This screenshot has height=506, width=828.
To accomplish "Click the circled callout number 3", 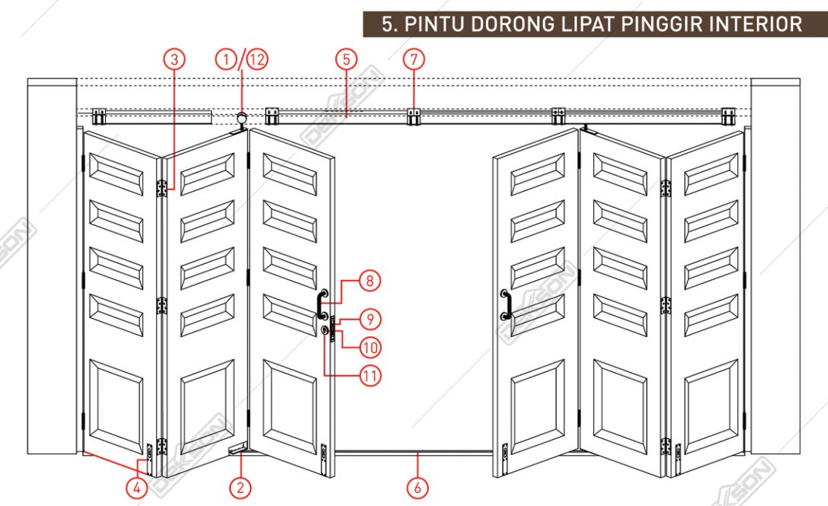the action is tap(174, 59).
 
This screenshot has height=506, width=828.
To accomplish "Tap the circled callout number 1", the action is tap(226, 59).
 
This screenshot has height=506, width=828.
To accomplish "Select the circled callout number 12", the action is tap(257, 59).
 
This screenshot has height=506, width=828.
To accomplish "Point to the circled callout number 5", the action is tap(347, 59).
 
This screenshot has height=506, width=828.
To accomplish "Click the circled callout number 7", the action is tap(414, 59).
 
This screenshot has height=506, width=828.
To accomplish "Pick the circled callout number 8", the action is tap(369, 281).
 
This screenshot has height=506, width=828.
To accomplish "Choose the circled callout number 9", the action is tap(370, 320).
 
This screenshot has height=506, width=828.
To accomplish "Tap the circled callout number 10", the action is tap(370, 347).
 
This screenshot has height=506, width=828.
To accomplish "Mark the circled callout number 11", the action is tap(370, 376).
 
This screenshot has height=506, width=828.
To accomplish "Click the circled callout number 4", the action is tap(137, 488).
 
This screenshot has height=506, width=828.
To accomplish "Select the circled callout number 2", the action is tap(240, 488).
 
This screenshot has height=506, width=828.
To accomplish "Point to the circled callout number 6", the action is tap(417, 488).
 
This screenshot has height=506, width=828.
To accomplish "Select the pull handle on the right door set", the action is tap(505, 304).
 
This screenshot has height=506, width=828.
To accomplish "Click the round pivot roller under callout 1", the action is tap(242, 118).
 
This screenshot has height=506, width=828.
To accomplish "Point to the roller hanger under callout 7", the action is tap(414, 116).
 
